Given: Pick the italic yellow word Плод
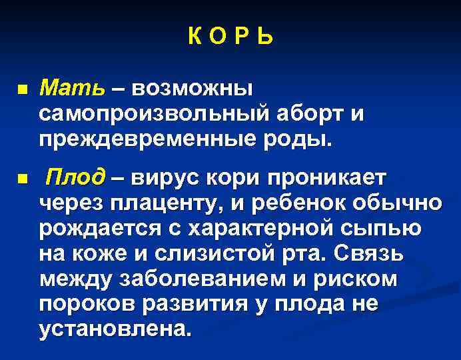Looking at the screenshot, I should point(75,178).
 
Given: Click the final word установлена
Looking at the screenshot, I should point(113,329).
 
